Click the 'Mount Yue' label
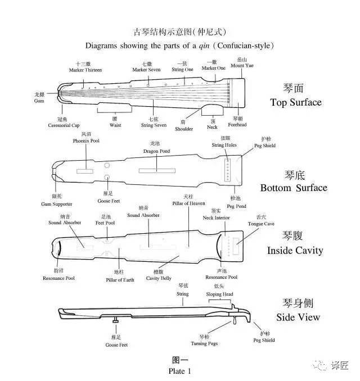pos(242,66)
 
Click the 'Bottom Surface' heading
pos(293,188)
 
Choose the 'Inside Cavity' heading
pos(295,250)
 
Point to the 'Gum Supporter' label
pos(57,203)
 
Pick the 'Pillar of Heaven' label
pos(188,203)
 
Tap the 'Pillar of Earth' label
pos(120,279)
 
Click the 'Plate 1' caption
pos(179,371)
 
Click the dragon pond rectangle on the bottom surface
pos(156,169)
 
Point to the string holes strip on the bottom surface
pos(228,169)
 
